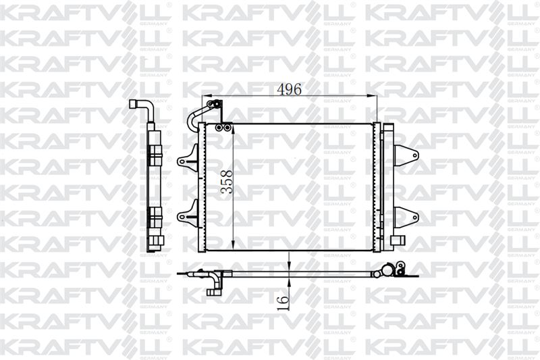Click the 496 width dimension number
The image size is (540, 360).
289,90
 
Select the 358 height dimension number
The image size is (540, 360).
227,182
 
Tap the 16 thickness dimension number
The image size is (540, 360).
283,302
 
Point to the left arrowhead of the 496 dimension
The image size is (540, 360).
206,96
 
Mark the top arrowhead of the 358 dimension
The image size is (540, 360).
233,128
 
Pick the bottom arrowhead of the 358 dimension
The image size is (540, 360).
233,245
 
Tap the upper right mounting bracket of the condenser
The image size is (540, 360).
406,156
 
